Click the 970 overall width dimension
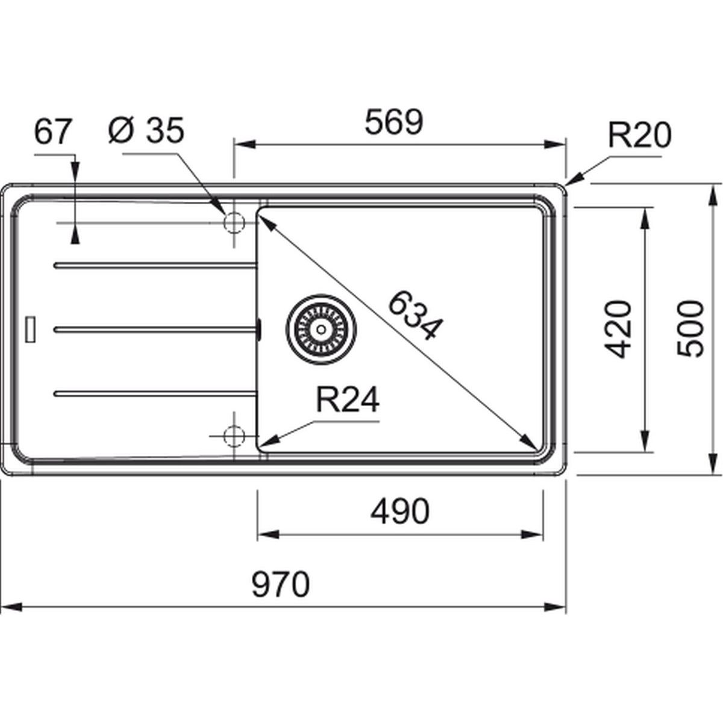pyautogui.click(x=281, y=585)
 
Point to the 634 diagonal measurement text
pyautogui.click(x=416, y=316)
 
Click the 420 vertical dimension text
pyautogui.click(x=617, y=329)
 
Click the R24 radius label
pyautogui.click(x=348, y=400)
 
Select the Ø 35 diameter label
pyautogui.click(x=146, y=130)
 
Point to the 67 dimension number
pyautogui.click(x=52, y=131)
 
